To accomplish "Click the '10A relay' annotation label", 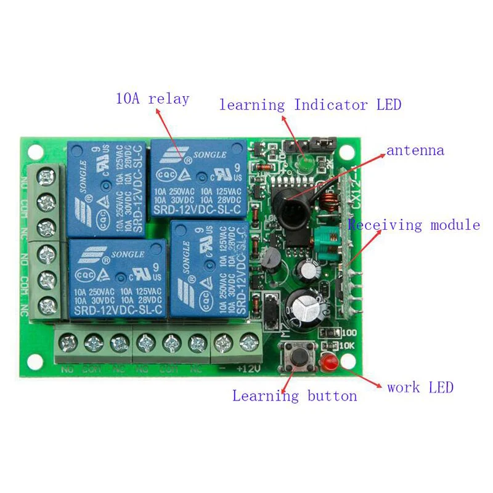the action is click(x=152, y=99).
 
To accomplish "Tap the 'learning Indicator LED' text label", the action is click(x=310, y=105).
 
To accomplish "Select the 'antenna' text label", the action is click(x=415, y=150).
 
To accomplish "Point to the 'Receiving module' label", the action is click(x=414, y=225).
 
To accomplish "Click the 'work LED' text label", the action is click(x=420, y=388).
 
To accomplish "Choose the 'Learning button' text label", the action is click(x=295, y=396).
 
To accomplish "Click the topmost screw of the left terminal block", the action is click(x=46, y=177).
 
